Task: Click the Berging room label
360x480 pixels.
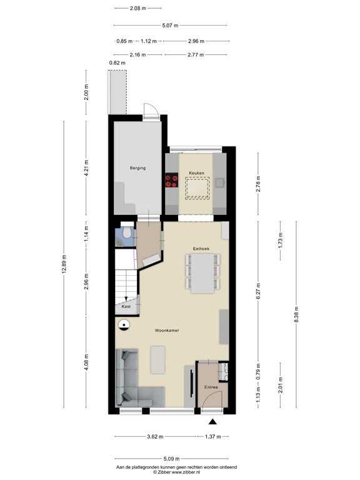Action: (x=137, y=168)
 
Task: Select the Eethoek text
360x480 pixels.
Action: (x=201, y=247)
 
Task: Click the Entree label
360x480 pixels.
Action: (x=211, y=388)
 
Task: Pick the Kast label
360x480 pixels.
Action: (x=126, y=307)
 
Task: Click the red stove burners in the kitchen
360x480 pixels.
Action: (x=171, y=181)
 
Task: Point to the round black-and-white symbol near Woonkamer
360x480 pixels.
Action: (x=124, y=325)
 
